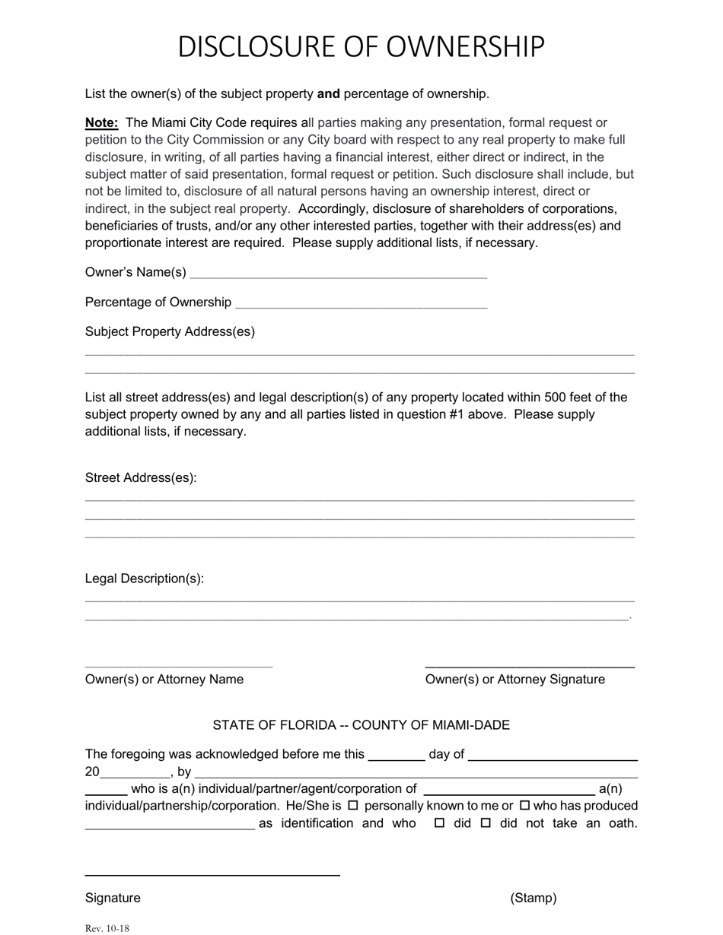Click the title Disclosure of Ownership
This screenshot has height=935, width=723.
tap(361, 47)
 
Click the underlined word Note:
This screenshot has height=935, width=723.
tap(101, 122)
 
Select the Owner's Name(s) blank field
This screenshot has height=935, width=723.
tap(338, 274)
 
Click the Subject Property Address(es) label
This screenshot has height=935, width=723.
tap(170, 331)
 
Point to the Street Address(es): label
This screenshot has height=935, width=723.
tap(141, 477)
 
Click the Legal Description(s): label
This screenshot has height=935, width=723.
tap(145, 578)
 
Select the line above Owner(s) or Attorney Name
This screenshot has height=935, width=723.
tap(179, 666)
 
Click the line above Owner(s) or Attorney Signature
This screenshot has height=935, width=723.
tap(530, 666)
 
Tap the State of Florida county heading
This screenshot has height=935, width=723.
tap(361, 725)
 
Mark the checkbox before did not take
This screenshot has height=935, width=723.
tap(486, 823)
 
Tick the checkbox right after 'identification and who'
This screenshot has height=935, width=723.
tap(439, 823)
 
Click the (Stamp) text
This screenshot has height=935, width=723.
tap(533, 898)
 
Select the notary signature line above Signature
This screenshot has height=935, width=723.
tap(212, 874)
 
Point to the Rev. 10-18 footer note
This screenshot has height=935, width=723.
tap(107, 928)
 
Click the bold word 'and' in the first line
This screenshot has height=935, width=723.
tap(328, 94)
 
